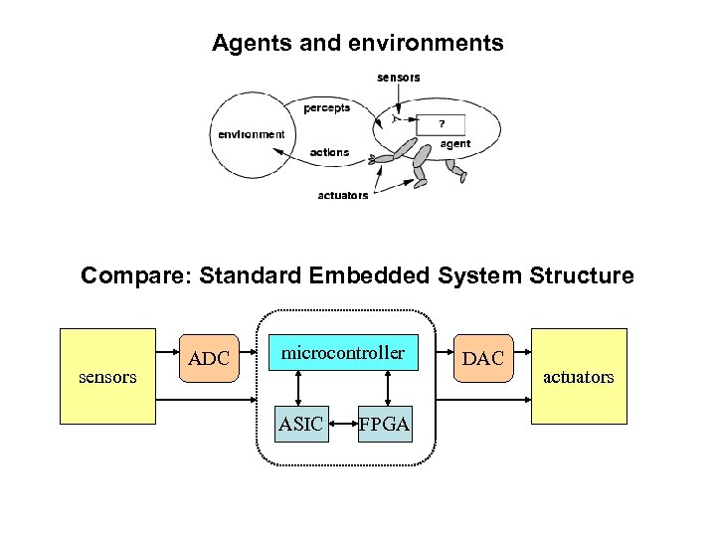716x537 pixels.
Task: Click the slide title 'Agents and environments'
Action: coord(357,44)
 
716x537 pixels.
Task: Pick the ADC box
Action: coord(209,358)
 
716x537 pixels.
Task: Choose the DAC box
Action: coord(483,358)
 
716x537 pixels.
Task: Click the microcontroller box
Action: coord(343,354)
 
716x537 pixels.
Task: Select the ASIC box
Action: coord(300,424)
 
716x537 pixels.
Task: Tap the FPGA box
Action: coord(385,424)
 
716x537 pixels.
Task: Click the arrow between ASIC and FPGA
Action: coord(343,425)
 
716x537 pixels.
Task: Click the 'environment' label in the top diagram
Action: coord(252,134)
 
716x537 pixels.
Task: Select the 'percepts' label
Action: coord(326,107)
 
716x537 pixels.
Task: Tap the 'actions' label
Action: coord(329,152)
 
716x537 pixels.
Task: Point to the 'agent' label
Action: coord(454,144)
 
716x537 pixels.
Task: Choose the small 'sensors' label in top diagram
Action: coord(398,78)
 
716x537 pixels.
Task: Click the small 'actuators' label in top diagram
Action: coord(342,195)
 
